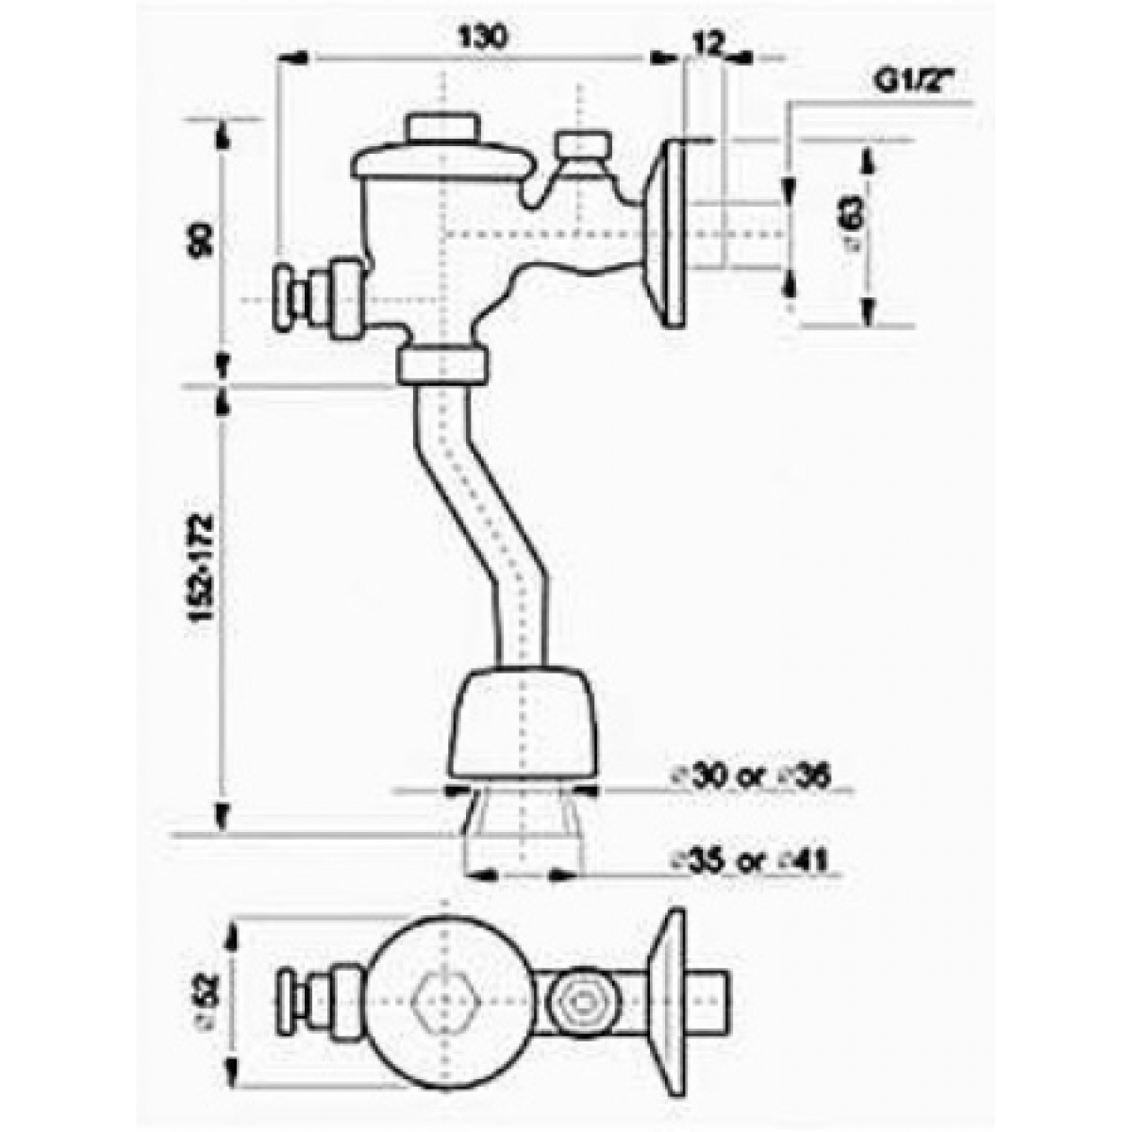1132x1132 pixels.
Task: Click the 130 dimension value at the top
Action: [482, 37]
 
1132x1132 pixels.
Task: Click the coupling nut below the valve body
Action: [442, 364]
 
